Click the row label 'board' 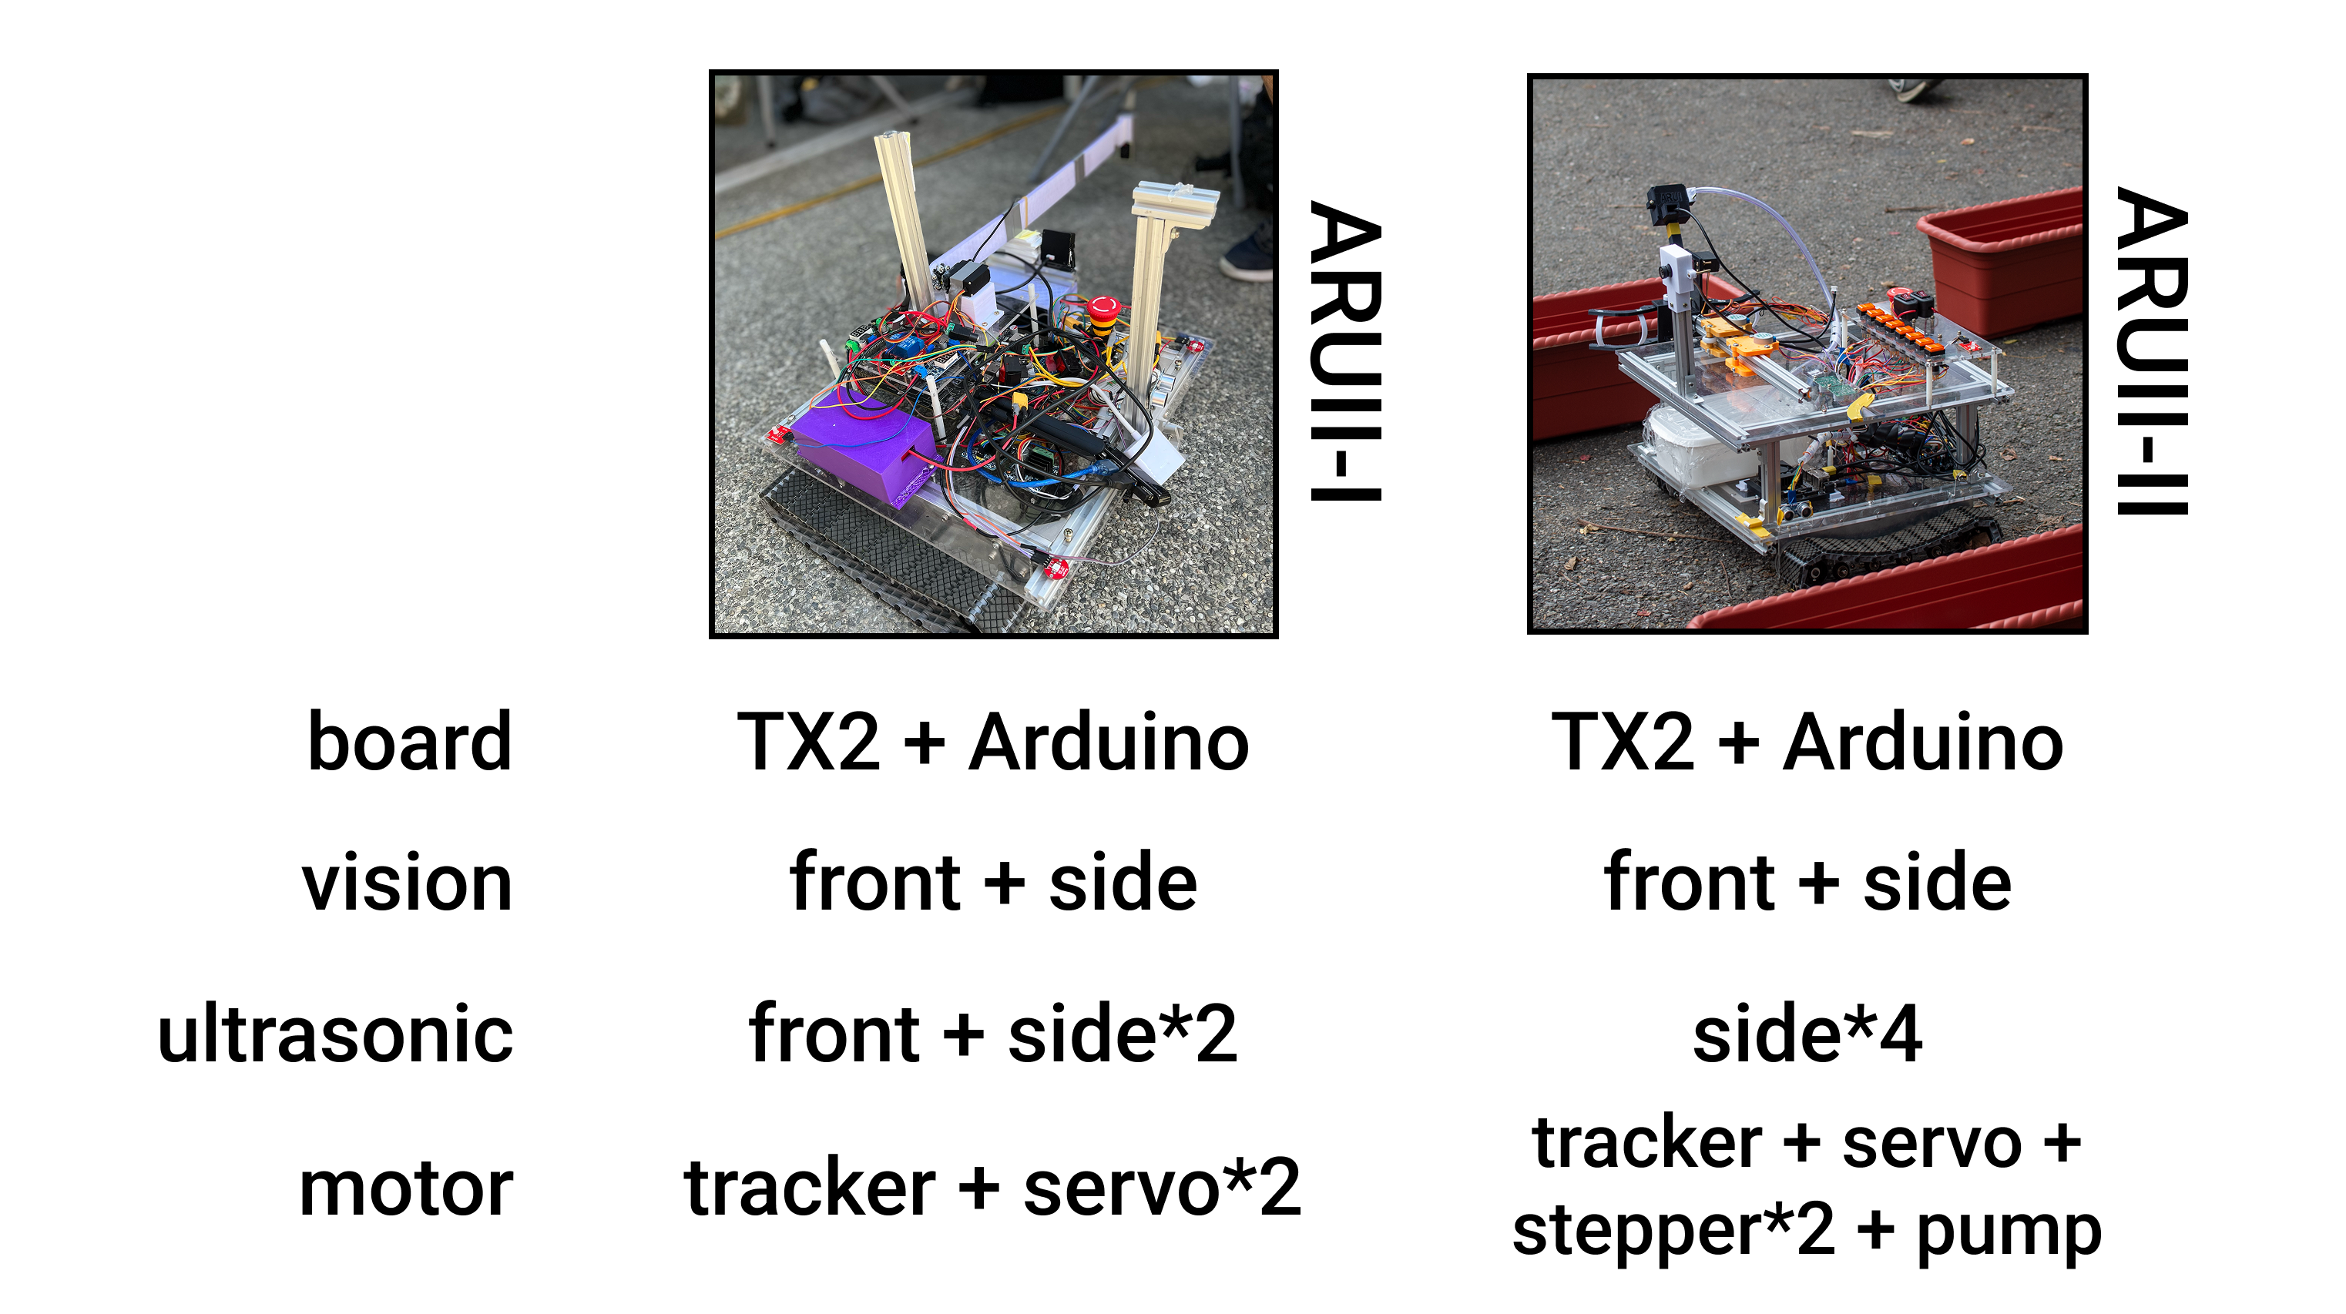coord(410,742)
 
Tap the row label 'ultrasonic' coord(335,1034)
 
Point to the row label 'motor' coord(406,1188)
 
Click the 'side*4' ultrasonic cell coord(1807,1034)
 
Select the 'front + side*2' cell coord(992,1034)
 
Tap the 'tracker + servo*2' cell coord(992,1188)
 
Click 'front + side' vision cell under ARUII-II coord(1807,883)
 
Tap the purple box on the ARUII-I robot coord(861,451)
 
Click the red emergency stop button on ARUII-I coord(1104,310)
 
